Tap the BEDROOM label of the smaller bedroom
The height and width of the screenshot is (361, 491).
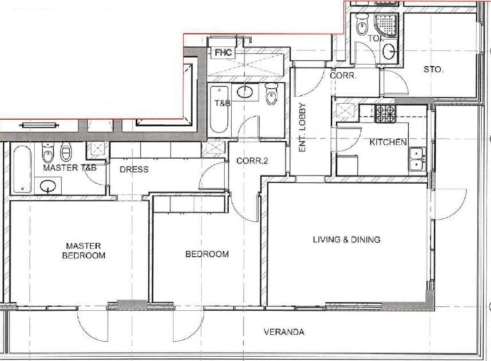(207, 254)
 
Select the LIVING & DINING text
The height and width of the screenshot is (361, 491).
(347, 240)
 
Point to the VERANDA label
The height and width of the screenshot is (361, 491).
(284, 332)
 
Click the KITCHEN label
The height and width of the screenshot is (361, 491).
(388, 142)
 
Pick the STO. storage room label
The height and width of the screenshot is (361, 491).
(433, 69)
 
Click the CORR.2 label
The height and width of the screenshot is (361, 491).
(251, 161)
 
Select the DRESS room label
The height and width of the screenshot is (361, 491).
(134, 169)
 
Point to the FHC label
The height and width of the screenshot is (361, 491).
(223, 52)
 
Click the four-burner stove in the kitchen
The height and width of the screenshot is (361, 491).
(385, 114)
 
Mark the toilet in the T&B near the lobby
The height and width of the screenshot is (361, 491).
(271, 96)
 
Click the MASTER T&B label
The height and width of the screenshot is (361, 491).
(70, 168)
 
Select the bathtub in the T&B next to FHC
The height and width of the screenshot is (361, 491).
(218, 109)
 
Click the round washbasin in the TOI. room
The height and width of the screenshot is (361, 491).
(389, 51)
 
